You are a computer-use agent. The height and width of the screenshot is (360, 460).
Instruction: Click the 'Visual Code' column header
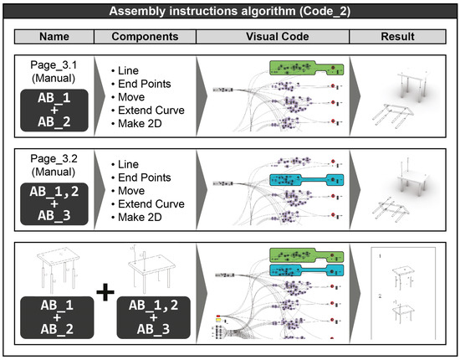point(275,37)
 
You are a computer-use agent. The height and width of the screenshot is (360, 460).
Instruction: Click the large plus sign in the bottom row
point(104,292)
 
